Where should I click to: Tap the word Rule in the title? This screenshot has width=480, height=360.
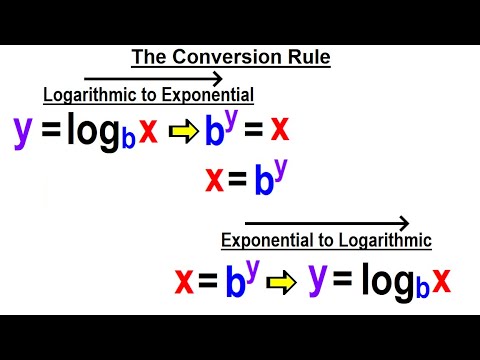[308, 57]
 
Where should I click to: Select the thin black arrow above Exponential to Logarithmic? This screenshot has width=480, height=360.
[326, 223]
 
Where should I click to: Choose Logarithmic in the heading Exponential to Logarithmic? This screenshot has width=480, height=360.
[385, 240]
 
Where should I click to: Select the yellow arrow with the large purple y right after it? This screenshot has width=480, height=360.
[284, 284]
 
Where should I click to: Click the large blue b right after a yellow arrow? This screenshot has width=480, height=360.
[214, 132]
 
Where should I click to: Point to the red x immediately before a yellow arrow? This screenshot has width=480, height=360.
[148, 131]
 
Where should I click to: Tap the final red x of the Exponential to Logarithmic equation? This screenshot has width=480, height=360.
[440, 282]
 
